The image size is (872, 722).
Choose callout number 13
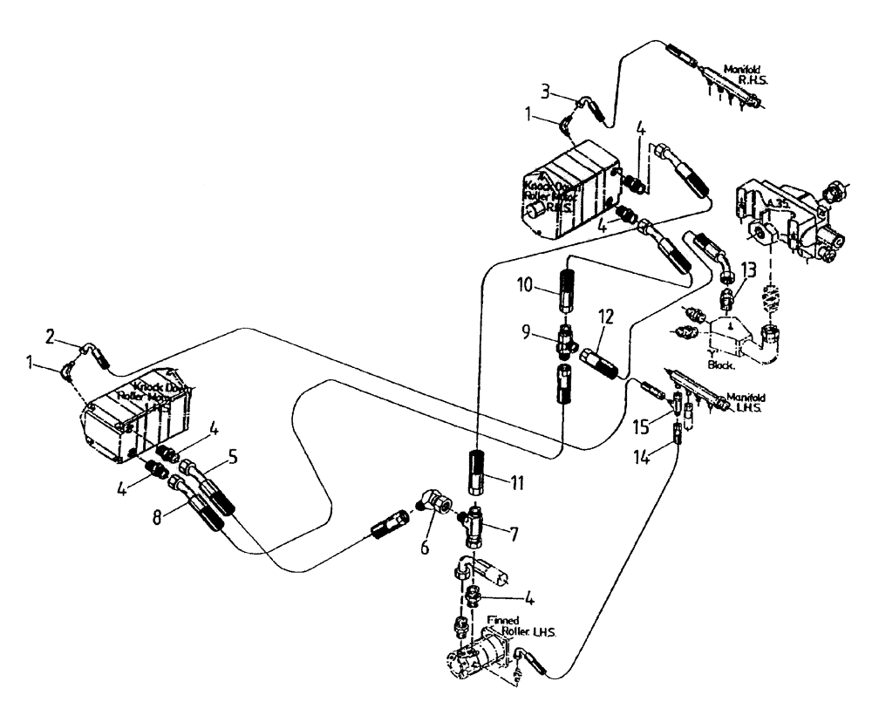coord(749,267)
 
